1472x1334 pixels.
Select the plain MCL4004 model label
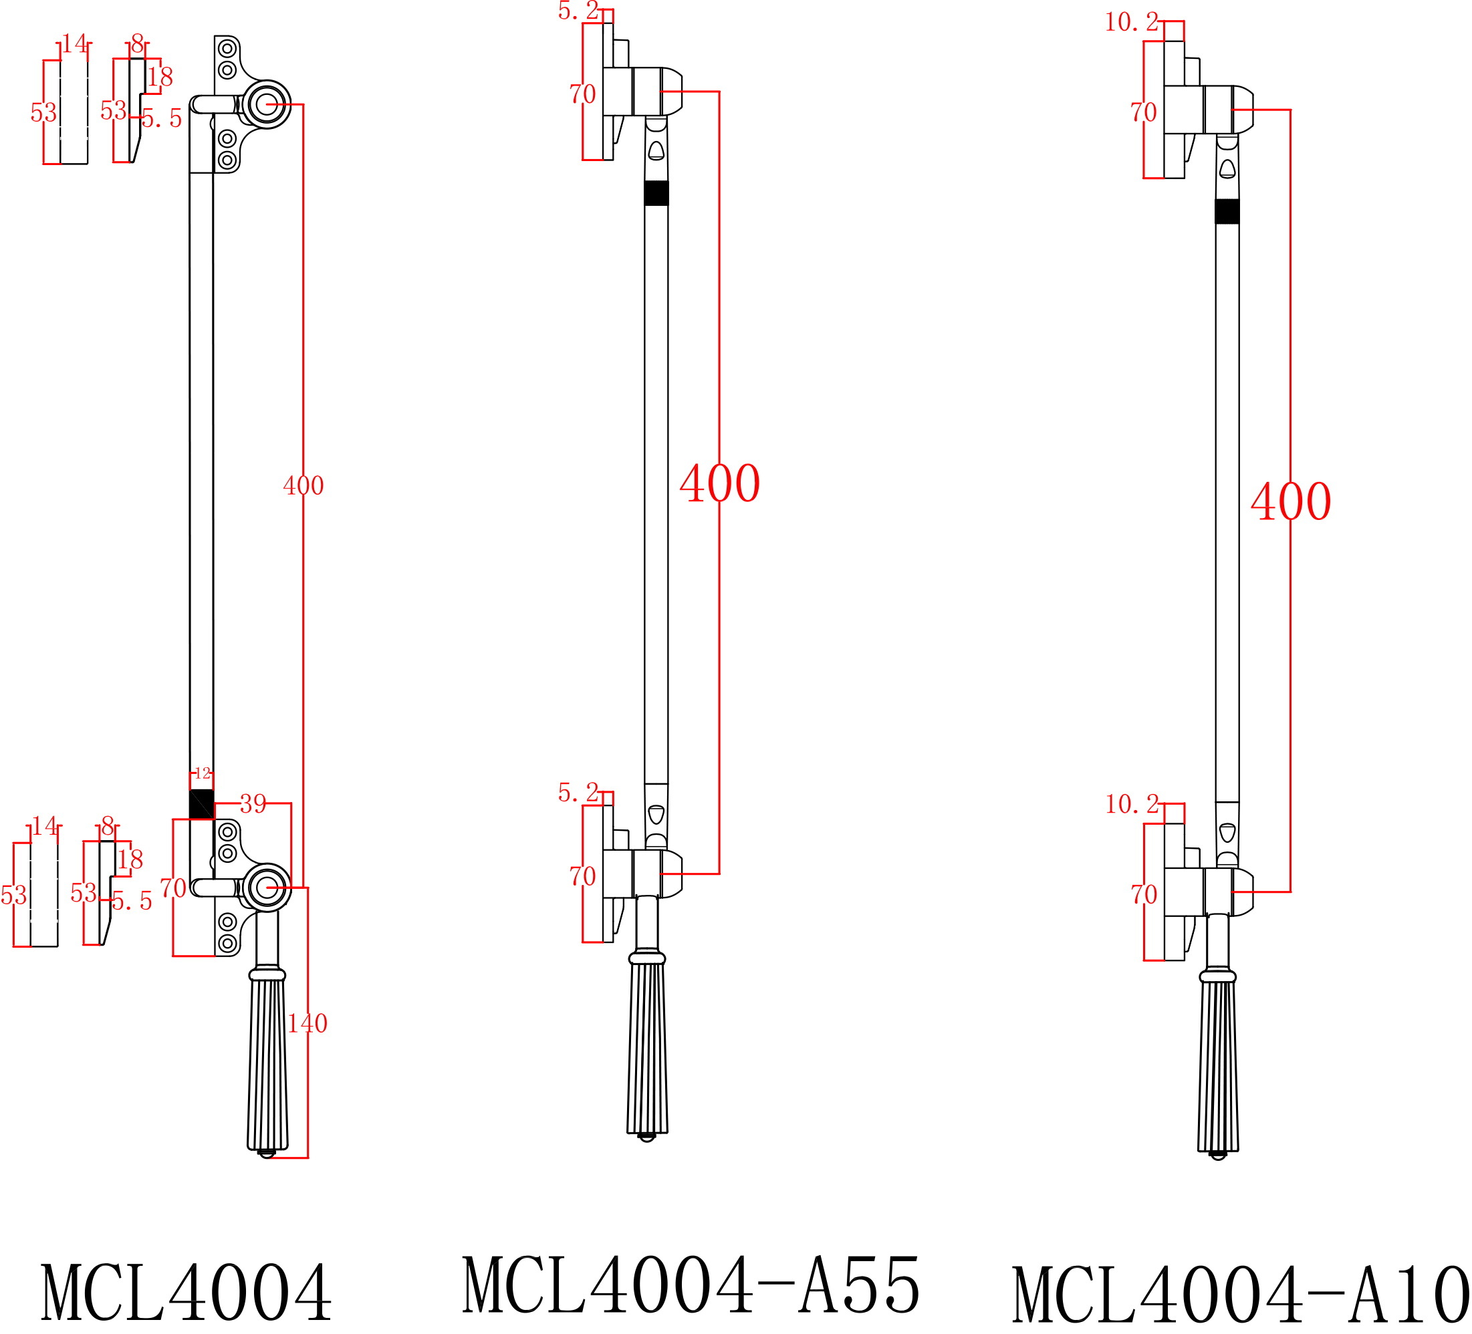187,1293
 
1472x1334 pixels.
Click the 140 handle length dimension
307,1024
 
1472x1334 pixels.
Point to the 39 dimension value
253,804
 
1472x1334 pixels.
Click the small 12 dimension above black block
203,773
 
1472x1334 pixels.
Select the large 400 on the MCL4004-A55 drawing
719,483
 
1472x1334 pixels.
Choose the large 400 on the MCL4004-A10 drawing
1290,502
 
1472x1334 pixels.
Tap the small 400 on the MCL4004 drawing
303,486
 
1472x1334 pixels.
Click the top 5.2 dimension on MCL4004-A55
578,11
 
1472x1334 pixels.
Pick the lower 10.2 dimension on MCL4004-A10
1131,805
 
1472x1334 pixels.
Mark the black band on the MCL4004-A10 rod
1227,212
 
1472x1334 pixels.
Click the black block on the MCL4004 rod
201,804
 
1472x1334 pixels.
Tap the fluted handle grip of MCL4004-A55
647,1048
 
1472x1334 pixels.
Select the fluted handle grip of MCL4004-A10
1218,1066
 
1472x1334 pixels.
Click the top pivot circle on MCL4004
267,104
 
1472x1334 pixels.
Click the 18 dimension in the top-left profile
160,77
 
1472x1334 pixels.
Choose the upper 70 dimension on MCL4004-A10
1143,112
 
